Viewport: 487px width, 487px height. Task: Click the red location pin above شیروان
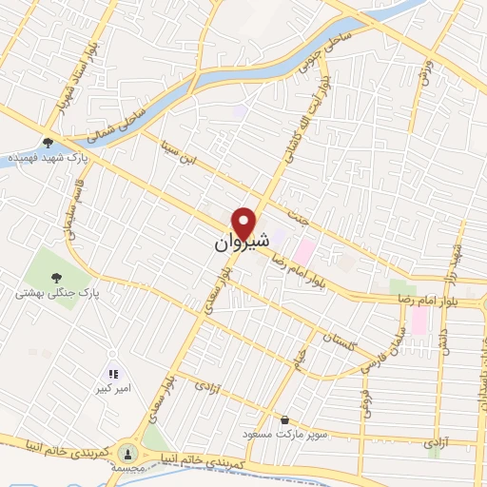click(244, 223)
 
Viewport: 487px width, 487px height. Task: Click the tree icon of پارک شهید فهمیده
click(48, 143)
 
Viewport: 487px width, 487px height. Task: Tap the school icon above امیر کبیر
click(112, 375)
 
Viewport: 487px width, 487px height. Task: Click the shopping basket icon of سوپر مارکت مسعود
click(284, 419)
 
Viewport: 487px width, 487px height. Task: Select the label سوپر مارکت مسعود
click(322, 434)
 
